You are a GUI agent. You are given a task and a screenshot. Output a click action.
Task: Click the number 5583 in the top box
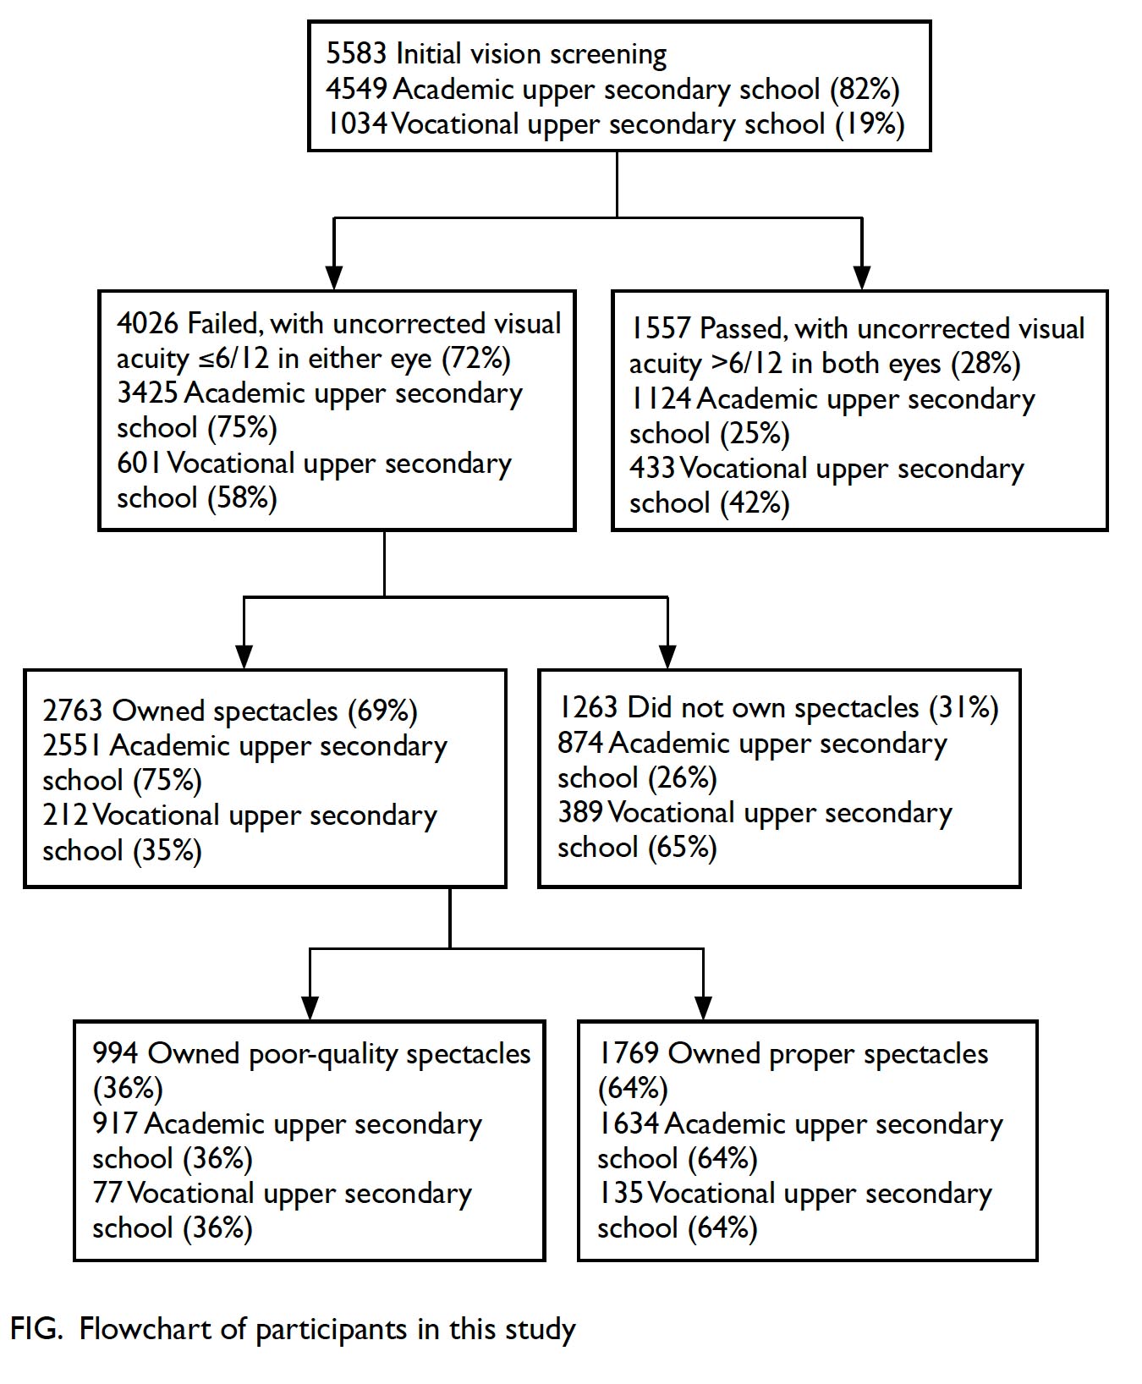[x=356, y=54]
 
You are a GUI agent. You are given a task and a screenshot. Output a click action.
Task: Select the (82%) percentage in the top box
[x=864, y=90]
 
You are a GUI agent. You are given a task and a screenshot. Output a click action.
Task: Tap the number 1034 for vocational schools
[x=357, y=124]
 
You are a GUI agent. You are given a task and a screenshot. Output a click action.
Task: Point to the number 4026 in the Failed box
[x=147, y=324]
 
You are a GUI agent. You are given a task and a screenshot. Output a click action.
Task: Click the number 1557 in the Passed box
[x=660, y=329]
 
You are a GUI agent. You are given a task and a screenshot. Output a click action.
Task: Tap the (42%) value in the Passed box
[x=755, y=503]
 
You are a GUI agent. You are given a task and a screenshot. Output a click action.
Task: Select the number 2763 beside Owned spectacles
[x=73, y=711]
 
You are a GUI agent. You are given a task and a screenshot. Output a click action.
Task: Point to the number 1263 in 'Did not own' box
[x=588, y=708]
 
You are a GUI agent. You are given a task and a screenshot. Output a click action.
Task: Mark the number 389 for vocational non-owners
[x=580, y=813]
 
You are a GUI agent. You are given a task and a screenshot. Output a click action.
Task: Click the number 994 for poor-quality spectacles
[x=115, y=1054]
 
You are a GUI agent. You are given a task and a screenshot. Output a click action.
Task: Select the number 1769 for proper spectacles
[x=628, y=1054]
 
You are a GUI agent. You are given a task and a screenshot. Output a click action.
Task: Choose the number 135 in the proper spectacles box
[x=620, y=1194]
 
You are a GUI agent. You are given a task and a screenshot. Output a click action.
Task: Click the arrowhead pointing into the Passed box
[x=862, y=277]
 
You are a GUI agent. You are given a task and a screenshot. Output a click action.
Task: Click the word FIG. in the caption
[x=36, y=1329]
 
